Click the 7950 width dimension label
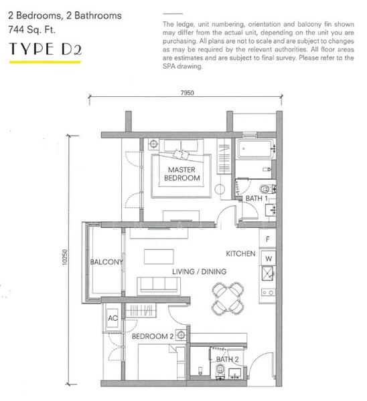point(187,93)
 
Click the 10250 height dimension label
point(64,257)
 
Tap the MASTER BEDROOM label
point(182,174)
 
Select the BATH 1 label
point(256,198)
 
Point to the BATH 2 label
point(227,360)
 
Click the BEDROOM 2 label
point(153,336)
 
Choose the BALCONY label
point(106,262)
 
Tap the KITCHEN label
point(240,254)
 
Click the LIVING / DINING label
point(200,271)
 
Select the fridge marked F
point(268,239)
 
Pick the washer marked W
point(269,258)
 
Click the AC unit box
point(113,318)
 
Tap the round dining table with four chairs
point(228,298)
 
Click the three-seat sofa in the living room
point(159,286)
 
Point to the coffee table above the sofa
point(159,257)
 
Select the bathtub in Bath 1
point(254,149)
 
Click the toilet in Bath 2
point(220,371)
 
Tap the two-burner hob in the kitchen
point(268,292)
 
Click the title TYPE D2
point(46,49)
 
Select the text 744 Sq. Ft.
point(31,29)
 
